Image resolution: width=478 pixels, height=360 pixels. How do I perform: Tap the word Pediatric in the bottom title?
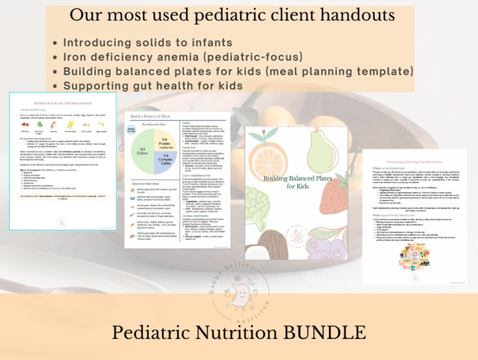157,332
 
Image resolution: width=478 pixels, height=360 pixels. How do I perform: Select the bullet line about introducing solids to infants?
148,43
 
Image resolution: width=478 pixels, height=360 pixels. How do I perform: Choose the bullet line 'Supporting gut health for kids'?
153,85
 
